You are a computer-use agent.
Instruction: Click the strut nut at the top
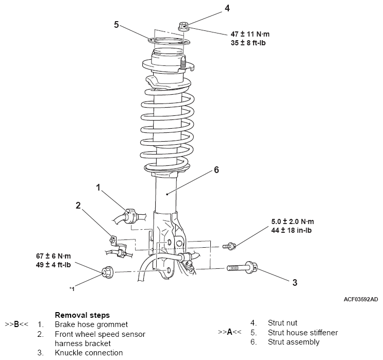tap(184, 27)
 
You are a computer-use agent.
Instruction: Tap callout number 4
tap(227, 8)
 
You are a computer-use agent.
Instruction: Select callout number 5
tap(116, 24)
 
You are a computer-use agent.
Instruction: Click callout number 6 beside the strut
tap(217, 169)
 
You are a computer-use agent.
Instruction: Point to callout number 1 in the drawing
tap(98, 187)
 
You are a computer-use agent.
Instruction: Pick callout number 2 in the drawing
tap(78, 205)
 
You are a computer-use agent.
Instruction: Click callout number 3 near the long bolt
tap(295, 282)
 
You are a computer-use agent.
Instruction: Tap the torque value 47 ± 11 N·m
tap(250, 34)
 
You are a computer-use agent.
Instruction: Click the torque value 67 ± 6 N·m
tap(53, 256)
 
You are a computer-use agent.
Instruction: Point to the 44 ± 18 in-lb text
tap(291, 230)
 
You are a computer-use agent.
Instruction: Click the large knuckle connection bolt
tap(242, 267)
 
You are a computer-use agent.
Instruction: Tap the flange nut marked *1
tap(107, 271)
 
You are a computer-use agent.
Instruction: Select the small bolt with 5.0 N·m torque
tap(229, 246)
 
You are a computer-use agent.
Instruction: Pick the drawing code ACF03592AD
tap(361, 299)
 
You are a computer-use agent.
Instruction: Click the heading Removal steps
tap(82, 315)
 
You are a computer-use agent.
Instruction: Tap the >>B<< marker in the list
tap(16, 324)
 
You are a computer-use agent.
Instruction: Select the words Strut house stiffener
tap(303, 332)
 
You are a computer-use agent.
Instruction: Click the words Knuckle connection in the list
tap(89, 353)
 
